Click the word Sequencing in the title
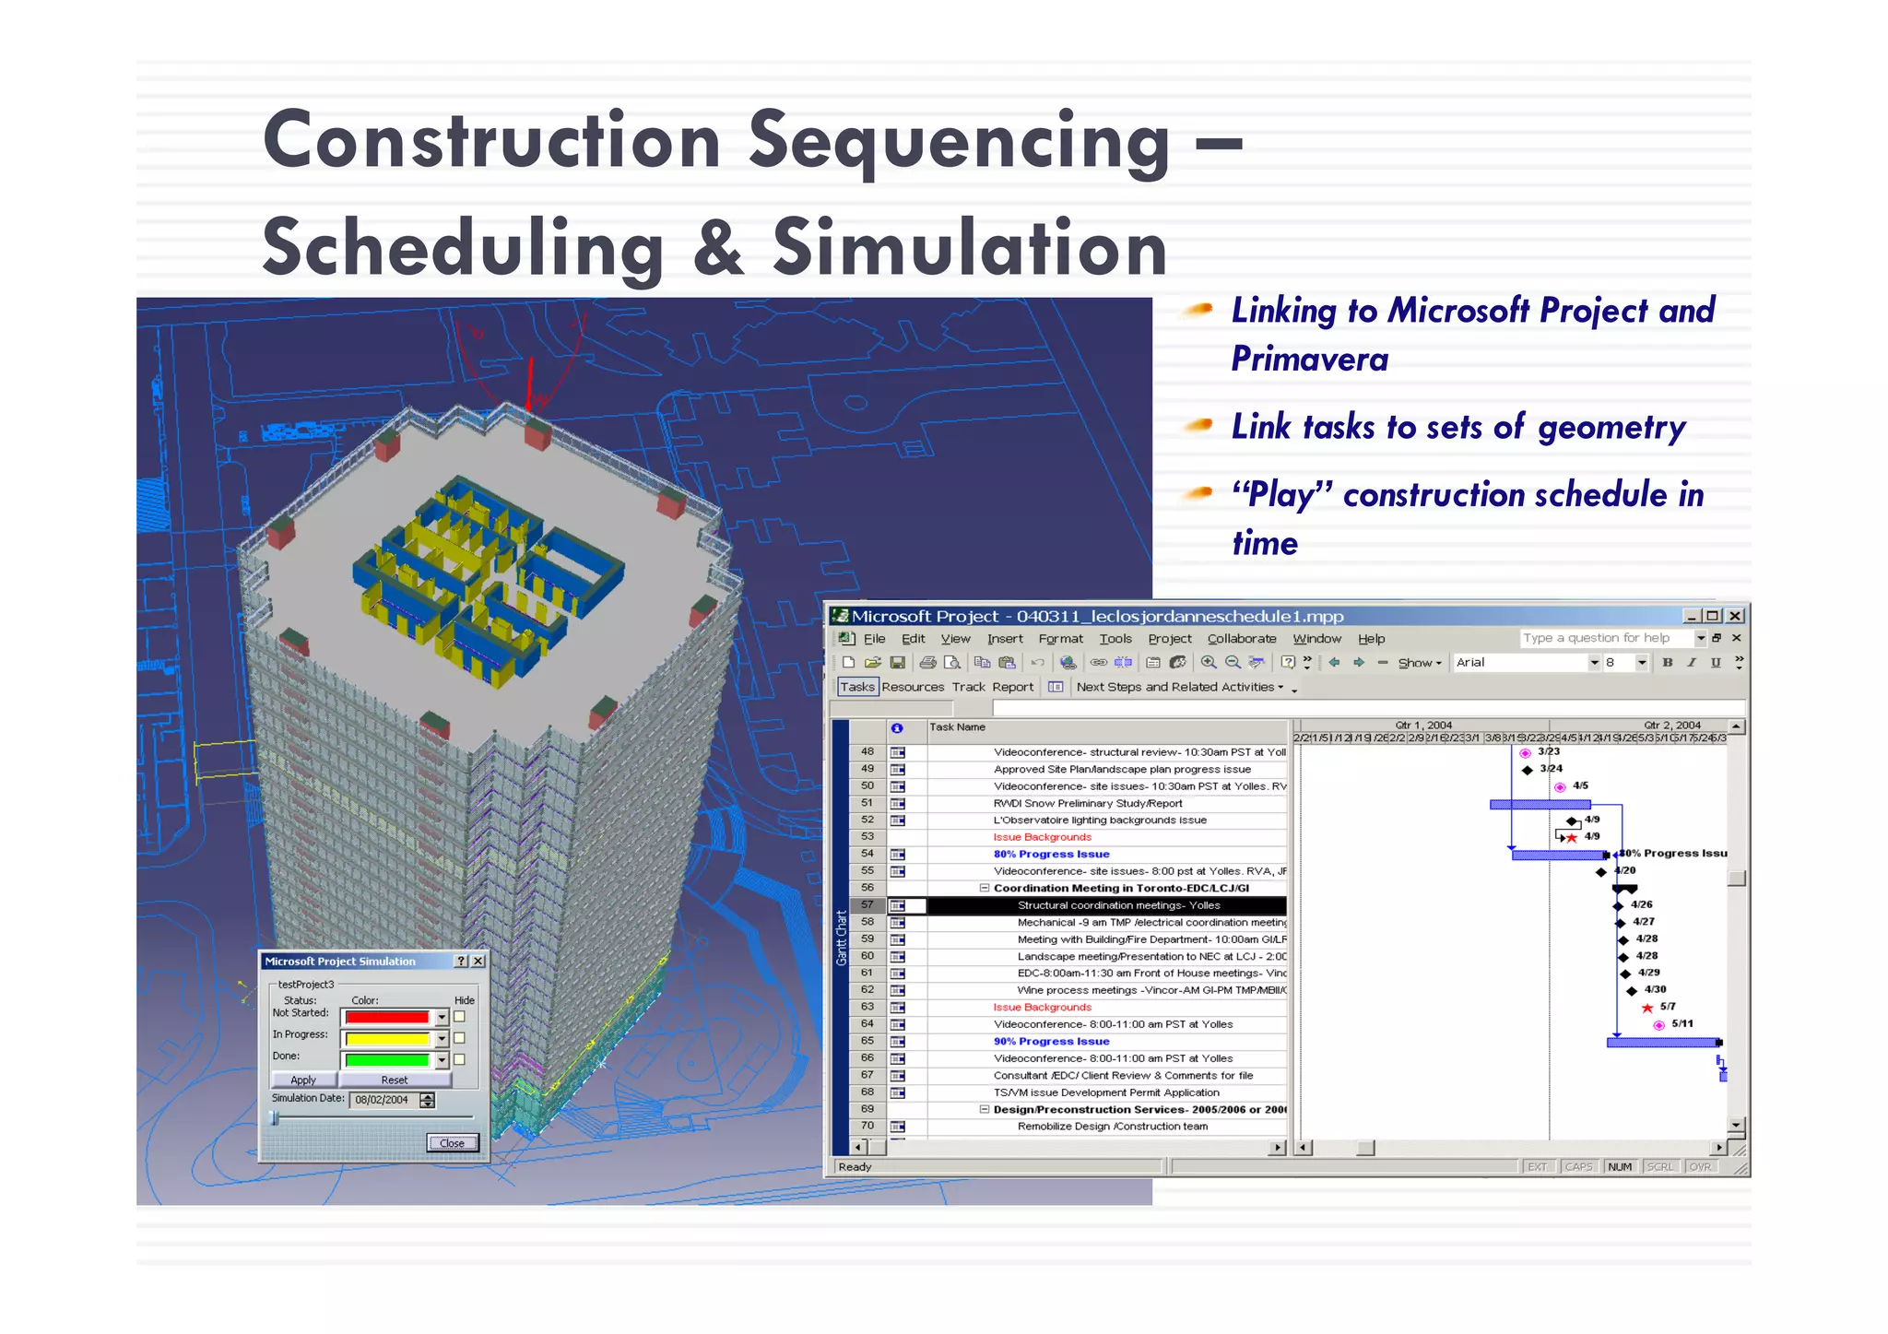(959, 143)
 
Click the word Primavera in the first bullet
(1309, 360)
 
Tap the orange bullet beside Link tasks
(1198, 425)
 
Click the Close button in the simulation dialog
(452, 1143)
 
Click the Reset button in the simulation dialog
(394, 1080)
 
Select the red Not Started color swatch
(387, 1018)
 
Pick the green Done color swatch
(387, 1060)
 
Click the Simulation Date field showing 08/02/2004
(383, 1100)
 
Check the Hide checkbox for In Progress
(459, 1038)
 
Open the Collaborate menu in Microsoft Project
(1241, 639)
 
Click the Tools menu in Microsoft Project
(1115, 639)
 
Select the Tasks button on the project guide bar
(856, 687)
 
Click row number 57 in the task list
(867, 905)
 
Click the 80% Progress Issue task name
(1051, 855)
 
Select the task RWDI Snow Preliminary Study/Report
(1087, 804)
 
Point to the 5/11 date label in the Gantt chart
(1681, 1024)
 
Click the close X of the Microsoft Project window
(1735, 616)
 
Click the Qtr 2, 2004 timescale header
(1671, 726)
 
